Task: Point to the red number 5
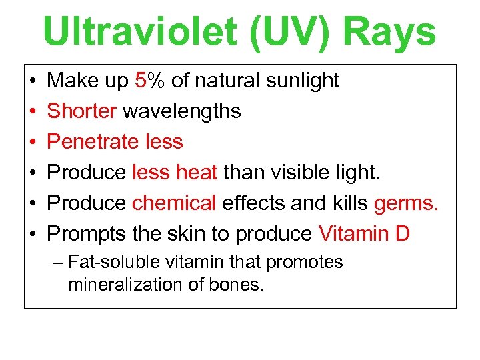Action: pyautogui.click(x=140, y=81)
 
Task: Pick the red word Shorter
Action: pyautogui.click(x=82, y=111)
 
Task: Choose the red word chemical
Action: pyautogui.click(x=174, y=203)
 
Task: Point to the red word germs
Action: pyautogui.click(x=407, y=203)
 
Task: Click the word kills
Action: pyautogui.click(x=349, y=203)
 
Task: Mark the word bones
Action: pyautogui.click(x=240, y=285)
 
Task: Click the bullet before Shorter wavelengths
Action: pyautogui.click(x=33, y=111)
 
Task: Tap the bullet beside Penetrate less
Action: pyautogui.click(x=33, y=142)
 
